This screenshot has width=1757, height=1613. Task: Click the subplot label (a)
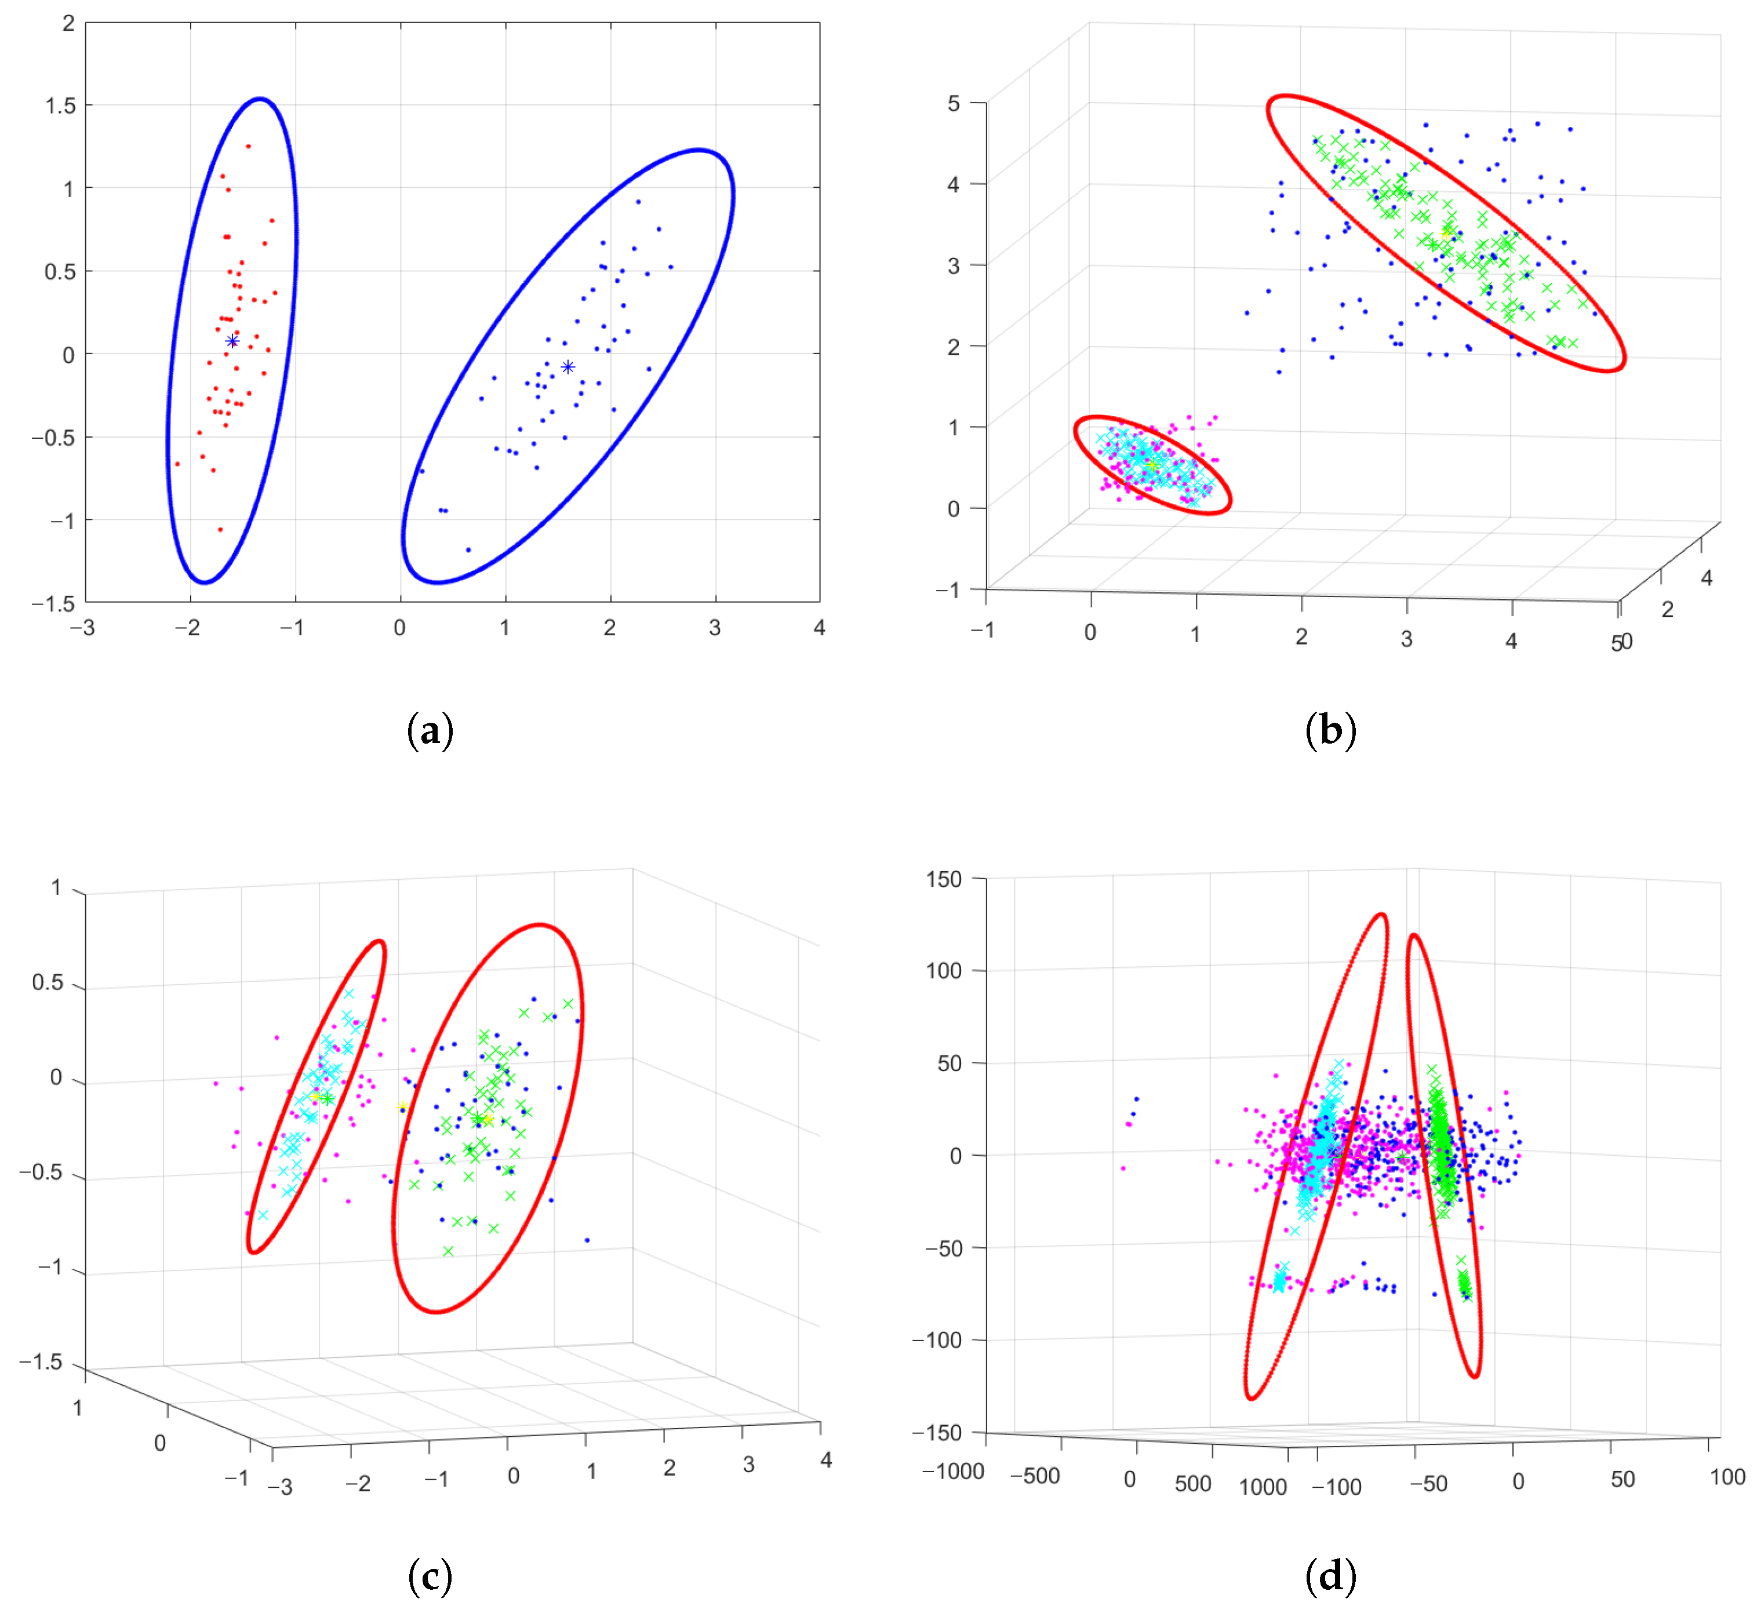point(430,730)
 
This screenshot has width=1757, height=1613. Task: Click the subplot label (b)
point(1330,730)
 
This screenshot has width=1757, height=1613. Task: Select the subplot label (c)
point(430,1575)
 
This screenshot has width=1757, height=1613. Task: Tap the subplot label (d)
point(1330,1575)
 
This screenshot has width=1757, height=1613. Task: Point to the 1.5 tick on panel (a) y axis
point(60,105)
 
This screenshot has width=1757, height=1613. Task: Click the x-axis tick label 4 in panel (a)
point(819,628)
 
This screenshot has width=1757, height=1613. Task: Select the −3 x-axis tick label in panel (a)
point(82,628)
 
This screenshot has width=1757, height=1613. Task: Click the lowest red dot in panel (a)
point(220,529)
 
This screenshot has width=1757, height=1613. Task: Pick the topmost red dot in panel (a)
point(249,147)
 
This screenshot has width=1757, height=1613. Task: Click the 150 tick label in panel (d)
point(944,879)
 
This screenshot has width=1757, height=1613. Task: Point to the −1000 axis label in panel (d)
point(952,1472)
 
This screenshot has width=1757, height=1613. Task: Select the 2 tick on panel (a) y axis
point(68,24)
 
